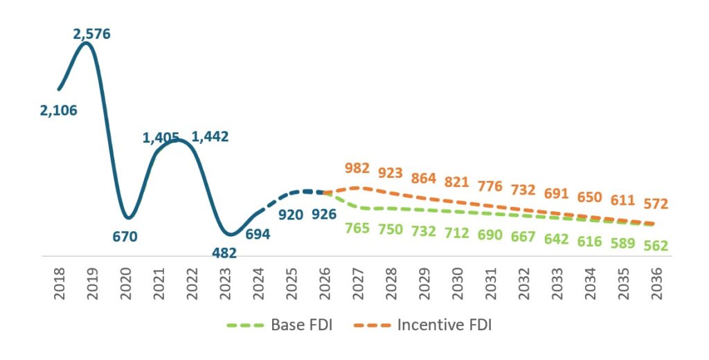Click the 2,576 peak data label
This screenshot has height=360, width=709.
pos(92,34)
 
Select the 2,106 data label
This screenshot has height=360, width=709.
pos(59,110)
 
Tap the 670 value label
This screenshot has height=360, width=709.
pos(125,237)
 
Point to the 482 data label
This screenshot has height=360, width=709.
pos(224,253)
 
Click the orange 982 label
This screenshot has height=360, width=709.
pos(357,168)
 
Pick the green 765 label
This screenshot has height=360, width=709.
pos(357,228)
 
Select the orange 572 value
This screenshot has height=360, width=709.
pos(656,204)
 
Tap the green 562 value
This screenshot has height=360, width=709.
pos(656,246)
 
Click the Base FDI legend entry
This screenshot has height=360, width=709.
pos(280,325)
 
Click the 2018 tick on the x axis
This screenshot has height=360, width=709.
pos(60,284)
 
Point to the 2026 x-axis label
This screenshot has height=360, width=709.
pos(325,284)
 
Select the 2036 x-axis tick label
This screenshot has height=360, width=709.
pos(656,284)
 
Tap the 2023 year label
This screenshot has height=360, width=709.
pos(225,284)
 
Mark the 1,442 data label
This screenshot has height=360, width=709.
pos(210,136)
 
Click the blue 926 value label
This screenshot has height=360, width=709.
pos(324,214)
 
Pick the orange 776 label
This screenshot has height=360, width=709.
pos(490,186)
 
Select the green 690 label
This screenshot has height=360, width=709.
pos(490,235)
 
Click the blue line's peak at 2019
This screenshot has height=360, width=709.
pos(87,43)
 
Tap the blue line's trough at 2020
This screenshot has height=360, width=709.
pos(128,217)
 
